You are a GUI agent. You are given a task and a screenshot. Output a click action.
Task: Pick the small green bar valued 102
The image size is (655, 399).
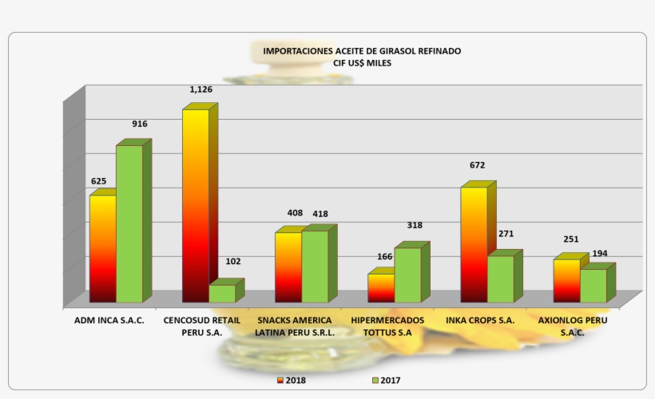tap(222, 293)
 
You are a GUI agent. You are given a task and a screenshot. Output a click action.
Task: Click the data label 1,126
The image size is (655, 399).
tap(200, 89)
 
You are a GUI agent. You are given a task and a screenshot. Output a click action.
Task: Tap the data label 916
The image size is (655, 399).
tap(140, 124)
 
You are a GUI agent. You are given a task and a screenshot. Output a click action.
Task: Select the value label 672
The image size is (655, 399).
tap(478, 165)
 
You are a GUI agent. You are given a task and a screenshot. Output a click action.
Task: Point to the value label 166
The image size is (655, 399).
tap(385, 256)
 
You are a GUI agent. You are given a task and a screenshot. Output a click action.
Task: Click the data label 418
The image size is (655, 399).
tap(320, 214)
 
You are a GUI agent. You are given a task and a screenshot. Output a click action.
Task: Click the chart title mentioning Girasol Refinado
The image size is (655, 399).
tap(362, 50)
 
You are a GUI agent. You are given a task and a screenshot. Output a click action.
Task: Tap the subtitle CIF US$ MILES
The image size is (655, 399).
tap(362, 62)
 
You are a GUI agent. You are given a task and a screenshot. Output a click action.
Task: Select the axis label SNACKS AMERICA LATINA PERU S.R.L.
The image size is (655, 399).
tap(295, 326)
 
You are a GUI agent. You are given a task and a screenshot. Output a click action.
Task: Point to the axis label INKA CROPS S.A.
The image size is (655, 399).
tap(481, 320)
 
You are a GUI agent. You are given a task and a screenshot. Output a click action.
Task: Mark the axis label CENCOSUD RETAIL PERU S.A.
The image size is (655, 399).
tap(202, 326)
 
